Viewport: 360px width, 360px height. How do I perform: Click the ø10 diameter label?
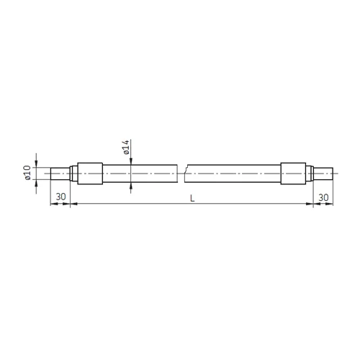27,173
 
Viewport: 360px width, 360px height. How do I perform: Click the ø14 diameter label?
126,147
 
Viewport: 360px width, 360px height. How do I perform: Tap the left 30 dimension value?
60,197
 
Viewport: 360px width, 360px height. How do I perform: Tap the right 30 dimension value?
323,197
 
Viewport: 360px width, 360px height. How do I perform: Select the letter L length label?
192,198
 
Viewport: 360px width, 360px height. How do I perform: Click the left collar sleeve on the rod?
90,174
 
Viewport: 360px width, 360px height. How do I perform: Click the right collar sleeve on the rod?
293,174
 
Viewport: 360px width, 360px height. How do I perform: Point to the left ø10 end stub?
60,174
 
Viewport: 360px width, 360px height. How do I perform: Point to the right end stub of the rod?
323,174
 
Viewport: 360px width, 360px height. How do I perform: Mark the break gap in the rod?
182,174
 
